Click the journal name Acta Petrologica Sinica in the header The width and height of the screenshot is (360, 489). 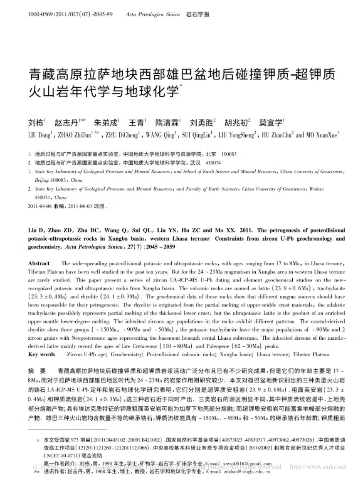153,14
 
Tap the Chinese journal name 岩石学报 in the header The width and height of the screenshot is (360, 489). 198,14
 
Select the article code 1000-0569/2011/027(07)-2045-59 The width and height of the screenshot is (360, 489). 70,14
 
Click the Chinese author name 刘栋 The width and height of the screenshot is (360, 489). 36,123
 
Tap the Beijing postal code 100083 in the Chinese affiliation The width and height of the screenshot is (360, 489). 229,154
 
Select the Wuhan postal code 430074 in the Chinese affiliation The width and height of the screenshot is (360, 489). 213,163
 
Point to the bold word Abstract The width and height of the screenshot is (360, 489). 39,263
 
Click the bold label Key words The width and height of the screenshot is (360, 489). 41,354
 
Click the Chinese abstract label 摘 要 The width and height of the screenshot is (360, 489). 37,371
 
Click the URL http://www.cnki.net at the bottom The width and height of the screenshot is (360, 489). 318,467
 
